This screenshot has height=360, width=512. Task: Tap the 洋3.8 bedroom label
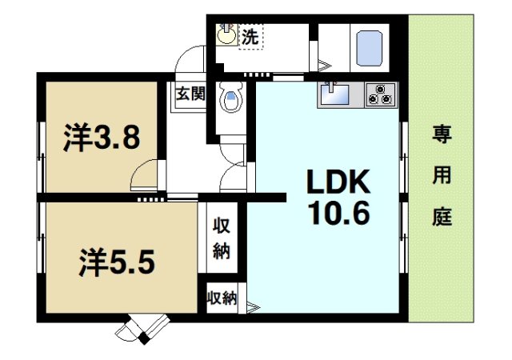102,138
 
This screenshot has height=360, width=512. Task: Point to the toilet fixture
231,100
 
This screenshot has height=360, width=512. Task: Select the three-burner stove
381,95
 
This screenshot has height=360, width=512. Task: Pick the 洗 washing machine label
250,36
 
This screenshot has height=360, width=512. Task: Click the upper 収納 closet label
222,238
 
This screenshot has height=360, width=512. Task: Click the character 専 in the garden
442,134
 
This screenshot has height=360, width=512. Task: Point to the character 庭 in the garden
442,216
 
